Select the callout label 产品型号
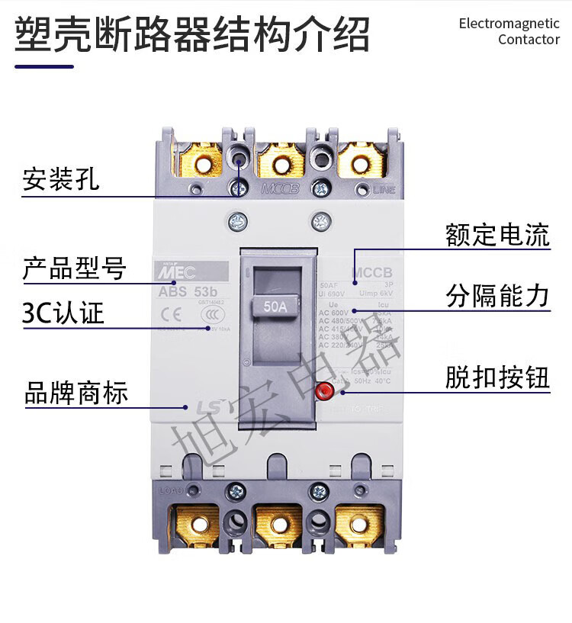pos(74,268)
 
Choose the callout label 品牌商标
pos(76,393)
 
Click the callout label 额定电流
pos(497,235)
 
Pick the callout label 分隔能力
pos(497,296)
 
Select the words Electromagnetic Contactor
pos(509,31)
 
